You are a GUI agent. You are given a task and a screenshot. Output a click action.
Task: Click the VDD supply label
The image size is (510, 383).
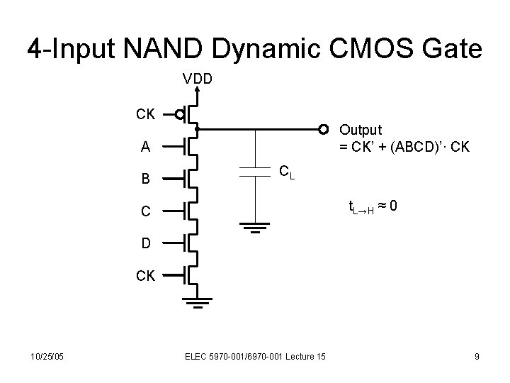[x=198, y=78]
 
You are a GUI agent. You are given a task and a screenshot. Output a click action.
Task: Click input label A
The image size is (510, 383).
[x=145, y=147]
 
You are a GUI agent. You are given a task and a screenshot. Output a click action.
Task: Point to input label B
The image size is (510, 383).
[x=145, y=178]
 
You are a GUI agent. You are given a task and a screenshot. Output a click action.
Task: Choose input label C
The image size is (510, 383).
[x=145, y=211]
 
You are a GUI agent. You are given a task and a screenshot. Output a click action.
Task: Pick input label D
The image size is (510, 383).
[x=145, y=243]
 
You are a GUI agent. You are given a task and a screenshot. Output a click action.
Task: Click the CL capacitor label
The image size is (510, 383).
[x=287, y=171]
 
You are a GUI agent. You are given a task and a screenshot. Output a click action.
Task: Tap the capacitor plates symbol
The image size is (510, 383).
[x=251, y=171]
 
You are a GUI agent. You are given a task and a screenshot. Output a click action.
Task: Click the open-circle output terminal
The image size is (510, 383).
[x=324, y=129]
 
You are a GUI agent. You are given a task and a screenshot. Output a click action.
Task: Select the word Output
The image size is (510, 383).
[x=361, y=130]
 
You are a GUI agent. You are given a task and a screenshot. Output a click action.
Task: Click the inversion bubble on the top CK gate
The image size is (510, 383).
[x=181, y=113]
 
